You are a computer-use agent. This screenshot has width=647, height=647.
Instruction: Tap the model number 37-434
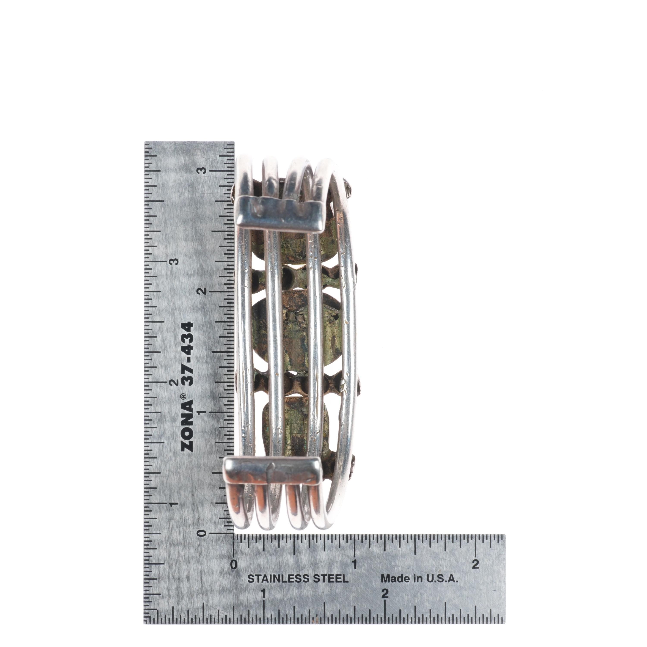[187, 355]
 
